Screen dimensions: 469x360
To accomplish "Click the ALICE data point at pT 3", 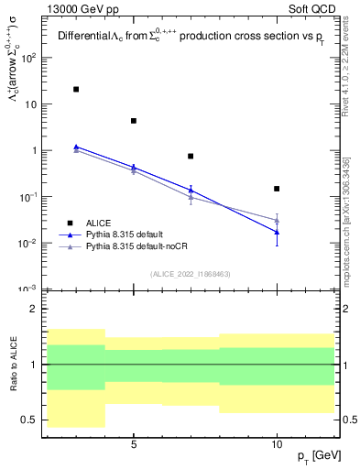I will [x=76, y=90].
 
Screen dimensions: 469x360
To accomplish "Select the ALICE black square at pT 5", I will [x=134, y=121].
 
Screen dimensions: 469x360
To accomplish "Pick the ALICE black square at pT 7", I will [x=191, y=157].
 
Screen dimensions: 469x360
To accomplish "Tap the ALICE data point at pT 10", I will [x=277, y=189].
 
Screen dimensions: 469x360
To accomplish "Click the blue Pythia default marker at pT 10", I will [x=277, y=233].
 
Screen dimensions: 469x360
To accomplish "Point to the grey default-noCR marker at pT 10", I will [x=277, y=221].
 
